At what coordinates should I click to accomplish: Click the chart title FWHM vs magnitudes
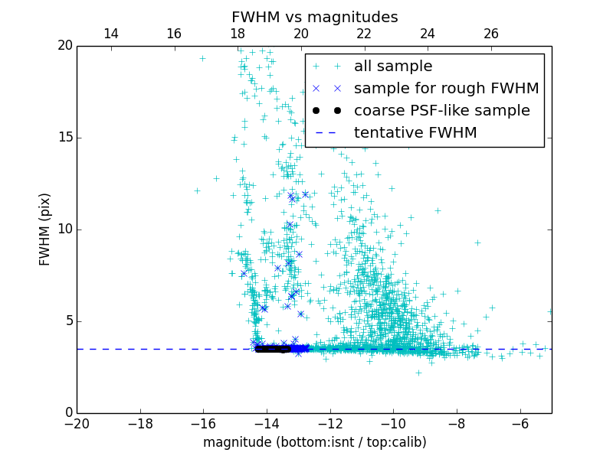(x=314, y=17)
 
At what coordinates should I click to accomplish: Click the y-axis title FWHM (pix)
(x=45, y=229)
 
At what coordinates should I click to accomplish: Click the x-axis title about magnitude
(x=314, y=442)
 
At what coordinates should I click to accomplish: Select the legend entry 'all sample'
(x=393, y=67)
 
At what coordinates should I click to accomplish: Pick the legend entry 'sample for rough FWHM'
(x=446, y=89)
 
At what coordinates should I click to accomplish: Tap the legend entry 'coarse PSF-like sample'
(x=441, y=111)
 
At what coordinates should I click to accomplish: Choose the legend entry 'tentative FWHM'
(x=415, y=133)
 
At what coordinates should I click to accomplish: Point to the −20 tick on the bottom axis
(x=77, y=423)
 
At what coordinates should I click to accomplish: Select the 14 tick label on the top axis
(x=110, y=34)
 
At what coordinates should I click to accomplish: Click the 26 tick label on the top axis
(x=491, y=34)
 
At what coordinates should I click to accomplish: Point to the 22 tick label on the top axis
(x=364, y=34)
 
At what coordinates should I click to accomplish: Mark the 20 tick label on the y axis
(x=64, y=46)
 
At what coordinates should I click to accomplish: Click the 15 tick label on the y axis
(x=64, y=138)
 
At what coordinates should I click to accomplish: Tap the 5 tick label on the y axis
(x=67, y=321)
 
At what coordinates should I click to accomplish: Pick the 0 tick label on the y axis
(x=67, y=413)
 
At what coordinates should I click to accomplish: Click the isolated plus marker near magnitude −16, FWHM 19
(x=202, y=58)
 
